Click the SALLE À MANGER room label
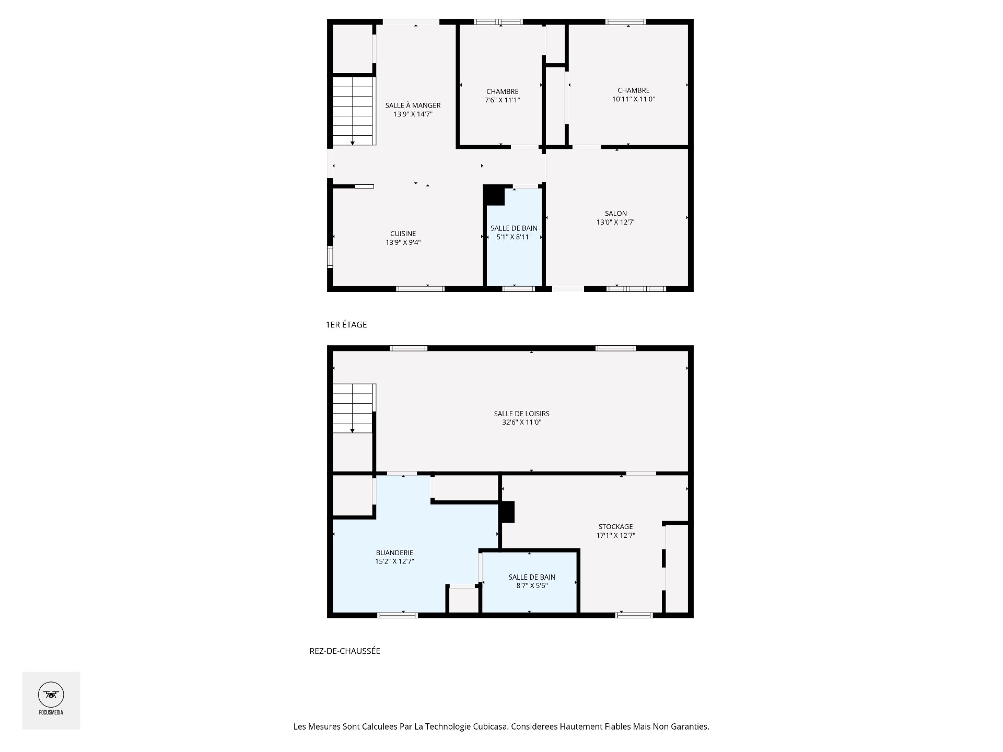(413, 105)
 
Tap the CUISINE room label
(403, 233)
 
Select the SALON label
(616, 213)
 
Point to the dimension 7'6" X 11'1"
(502, 100)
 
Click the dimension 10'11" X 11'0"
(633, 99)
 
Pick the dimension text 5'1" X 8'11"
(514, 237)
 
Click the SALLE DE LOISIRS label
(521, 414)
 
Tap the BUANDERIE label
(394, 553)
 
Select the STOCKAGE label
(615, 526)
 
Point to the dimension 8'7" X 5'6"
(532, 585)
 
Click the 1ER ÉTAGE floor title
(346, 324)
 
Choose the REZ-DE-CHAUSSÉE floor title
(345, 651)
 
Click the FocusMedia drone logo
(51, 695)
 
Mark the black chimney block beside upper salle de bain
(493, 195)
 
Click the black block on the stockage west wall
(507, 512)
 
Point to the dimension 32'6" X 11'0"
(521, 422)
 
